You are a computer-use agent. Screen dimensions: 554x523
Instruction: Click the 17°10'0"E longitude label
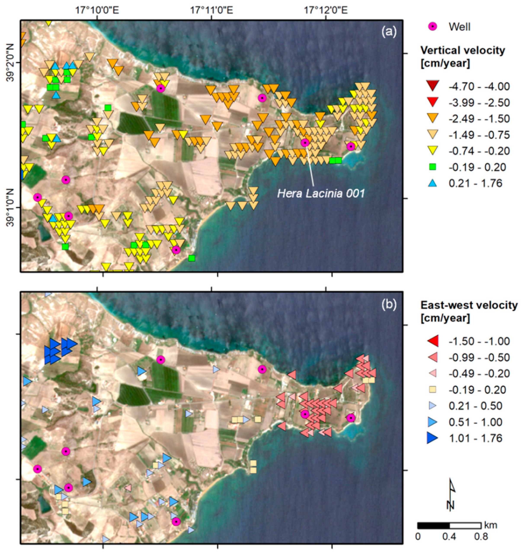pyautogui.click(x=97, y=11)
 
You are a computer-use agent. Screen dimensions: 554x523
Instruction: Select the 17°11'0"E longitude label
pyautogui.click(x=212, y=11)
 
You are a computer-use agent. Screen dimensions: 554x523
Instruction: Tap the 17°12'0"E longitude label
pyautogui.click(x=326, y=11)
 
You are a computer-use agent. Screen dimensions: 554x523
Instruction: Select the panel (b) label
pyautogui.click(x=389, y=304)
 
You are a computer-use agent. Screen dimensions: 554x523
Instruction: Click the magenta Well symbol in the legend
pyautogui.click(x=432, y=27)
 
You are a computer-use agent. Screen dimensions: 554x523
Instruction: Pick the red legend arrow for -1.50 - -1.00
pyautogui.click(x=432, y=341)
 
